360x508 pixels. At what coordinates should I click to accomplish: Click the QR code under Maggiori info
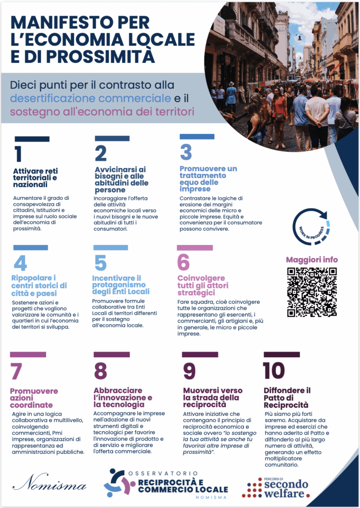click(312, 292)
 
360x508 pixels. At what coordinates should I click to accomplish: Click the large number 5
click(100, 263)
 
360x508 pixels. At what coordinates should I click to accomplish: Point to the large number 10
click(274, 371)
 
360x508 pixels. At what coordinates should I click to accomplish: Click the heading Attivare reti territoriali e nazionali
click(35, 178)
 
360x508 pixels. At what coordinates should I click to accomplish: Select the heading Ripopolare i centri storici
click(39, 285)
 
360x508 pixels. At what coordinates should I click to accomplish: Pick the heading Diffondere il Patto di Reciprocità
click(287, 397)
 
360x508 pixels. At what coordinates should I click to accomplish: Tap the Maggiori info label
click(312, 259)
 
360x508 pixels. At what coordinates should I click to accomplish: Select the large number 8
click(100, 371)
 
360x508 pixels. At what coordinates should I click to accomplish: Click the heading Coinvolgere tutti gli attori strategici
click(204, 285)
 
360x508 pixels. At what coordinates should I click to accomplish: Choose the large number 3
click(186, 152)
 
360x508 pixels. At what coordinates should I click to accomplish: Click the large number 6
click(184, 262)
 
